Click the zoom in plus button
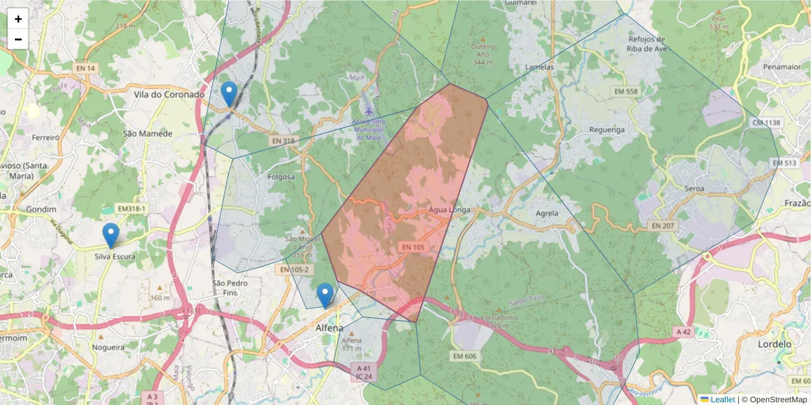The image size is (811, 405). pyautogui.click(x=18, y=19)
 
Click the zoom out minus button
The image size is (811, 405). pyautogui.click(x=18, y=39)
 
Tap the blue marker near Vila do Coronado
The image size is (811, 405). pyautogui.click(x=229, y=93)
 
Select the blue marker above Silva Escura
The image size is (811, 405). pyautogui.click(x=111, y=235)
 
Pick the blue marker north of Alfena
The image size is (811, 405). pyautogui.click(x=325, y=294)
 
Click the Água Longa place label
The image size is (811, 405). pyautogui.click(x=449, y=210)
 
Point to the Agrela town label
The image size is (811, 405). pyautogui.click(x=547, y=213)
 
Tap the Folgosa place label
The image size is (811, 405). pyautogui.click(x=281, y=177)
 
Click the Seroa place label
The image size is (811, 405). pyautogui.click(x=694, y=189)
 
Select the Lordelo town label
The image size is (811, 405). pyautogui.click(x=775, y=344)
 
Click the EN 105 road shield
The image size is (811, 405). pyautogui.click(x=414, y=248)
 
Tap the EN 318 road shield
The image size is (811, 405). pyautogui.click(x=282, y=140)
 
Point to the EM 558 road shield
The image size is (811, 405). pyautogui.click(x=625, y=91)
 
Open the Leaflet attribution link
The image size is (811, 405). pyautogui.click(x=722, y=400)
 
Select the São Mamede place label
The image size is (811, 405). pyautogui.click(x=147, y=134)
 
